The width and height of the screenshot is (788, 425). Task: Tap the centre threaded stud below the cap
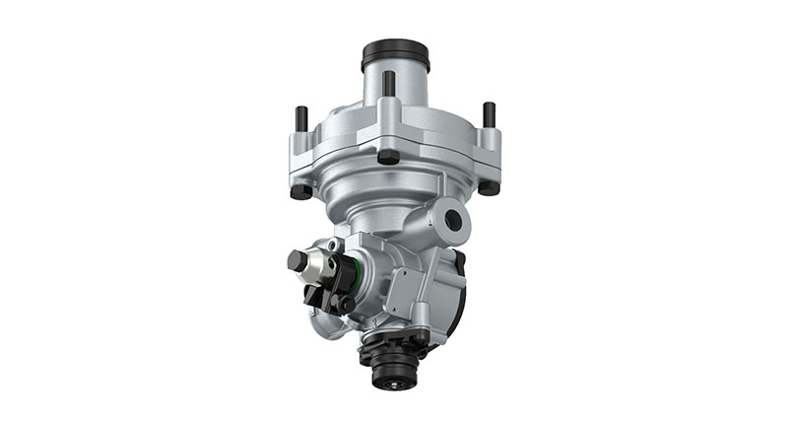click(389, 84)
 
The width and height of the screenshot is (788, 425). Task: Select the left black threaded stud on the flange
click(301, 118)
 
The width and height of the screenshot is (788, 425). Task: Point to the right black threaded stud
click(488, 114)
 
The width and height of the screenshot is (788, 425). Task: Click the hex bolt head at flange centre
click(389, 156)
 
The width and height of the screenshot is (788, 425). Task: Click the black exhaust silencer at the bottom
click(392, 365)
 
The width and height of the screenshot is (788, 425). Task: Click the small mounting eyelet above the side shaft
click(337, 244)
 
